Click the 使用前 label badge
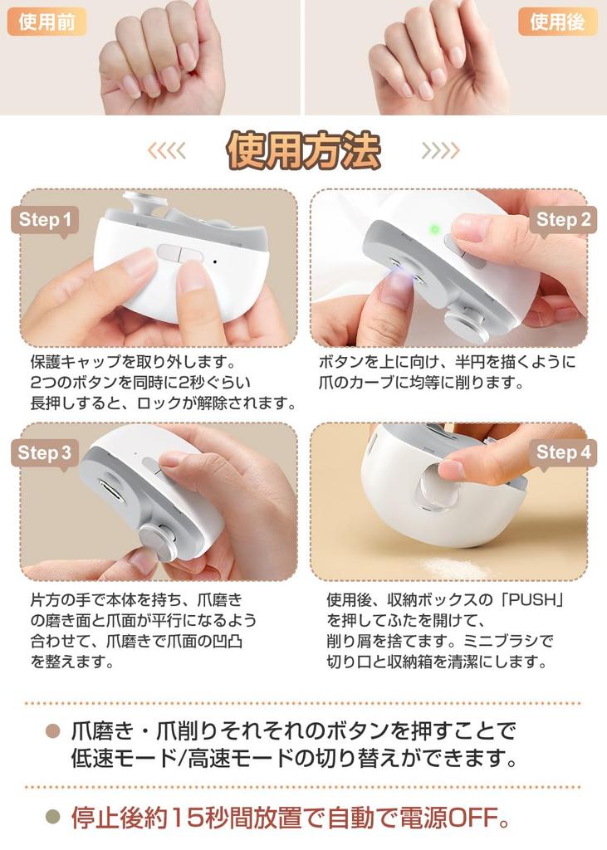tap(47, 22)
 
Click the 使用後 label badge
tap(558, 22)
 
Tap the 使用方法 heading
tap(303, 150)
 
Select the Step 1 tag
tap(45, 220)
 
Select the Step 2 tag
tap(563, 220)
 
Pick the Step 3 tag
tap(45, 453)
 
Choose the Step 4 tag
tap(563, 452)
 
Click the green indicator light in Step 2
tap(434, 229)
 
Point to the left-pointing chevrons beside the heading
tap(167, 150)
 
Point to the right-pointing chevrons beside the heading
tap(440, 150)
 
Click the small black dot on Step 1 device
tap(215, 261)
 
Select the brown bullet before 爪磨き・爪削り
tap(52, 732)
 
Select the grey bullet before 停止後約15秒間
tap(52, 818)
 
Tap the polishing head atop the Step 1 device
tap(146, 203)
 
